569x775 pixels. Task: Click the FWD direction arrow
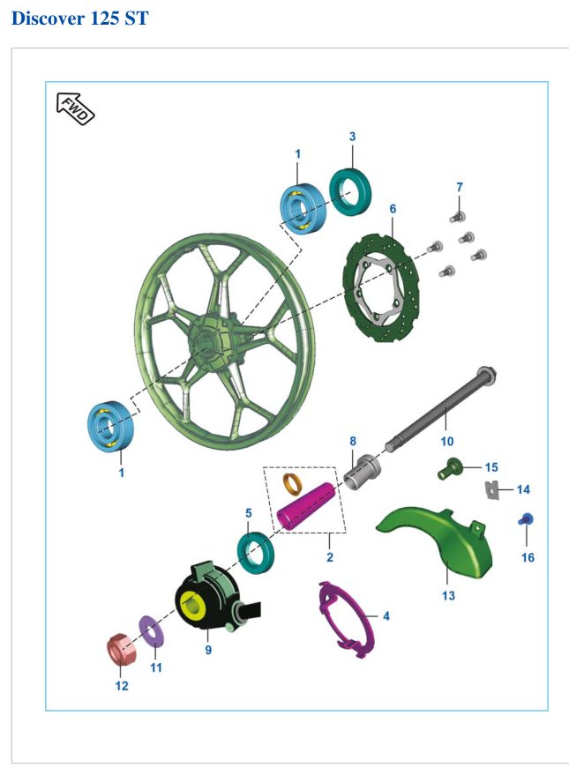[75, 109]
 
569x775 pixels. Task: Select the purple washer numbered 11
[152, 631]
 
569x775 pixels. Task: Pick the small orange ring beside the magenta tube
[291, 484]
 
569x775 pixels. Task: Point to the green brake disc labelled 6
[380, 288]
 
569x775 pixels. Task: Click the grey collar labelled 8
[362, 472]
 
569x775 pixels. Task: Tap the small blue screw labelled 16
[526, 520]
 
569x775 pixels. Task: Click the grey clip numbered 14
[491, 490]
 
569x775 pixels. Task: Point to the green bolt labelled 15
[449, 468]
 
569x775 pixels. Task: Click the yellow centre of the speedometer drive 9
[191, 603]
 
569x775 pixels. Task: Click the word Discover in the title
[48, 19]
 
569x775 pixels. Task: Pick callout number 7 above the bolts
[460, 187]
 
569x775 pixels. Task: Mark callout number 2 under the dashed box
[330, 557]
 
